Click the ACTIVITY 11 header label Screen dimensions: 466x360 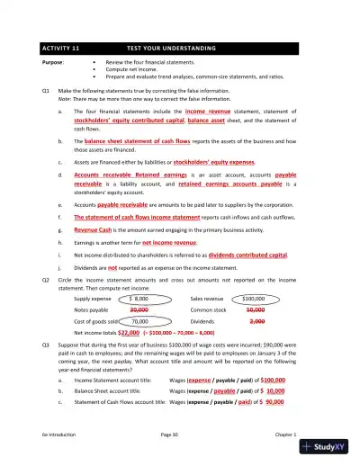(x=60, y=46)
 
